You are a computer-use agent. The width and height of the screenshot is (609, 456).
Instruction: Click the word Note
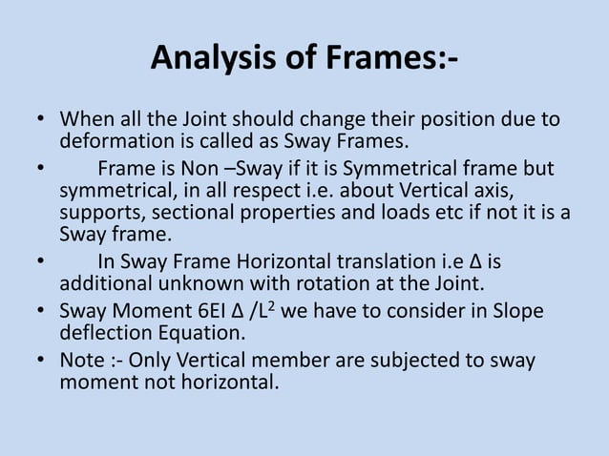[81, 362]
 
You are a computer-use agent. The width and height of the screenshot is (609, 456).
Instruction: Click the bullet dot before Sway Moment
[41, 313]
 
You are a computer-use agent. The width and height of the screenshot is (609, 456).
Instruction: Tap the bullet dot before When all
[41, 123]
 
